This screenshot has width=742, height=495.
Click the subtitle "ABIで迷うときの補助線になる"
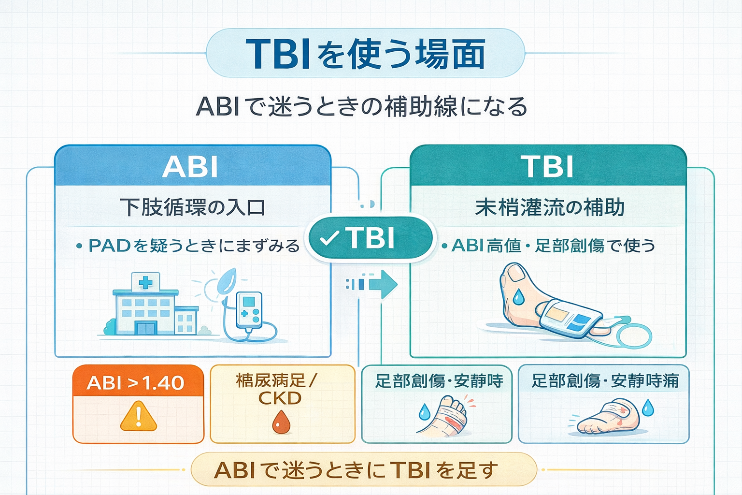361,107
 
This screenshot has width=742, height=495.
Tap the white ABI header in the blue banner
190,167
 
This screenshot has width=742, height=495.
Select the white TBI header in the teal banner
547,167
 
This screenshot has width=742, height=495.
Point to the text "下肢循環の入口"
192,207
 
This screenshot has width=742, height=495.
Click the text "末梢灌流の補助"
550,207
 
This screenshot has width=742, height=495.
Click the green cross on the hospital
145,283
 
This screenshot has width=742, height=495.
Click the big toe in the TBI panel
516,273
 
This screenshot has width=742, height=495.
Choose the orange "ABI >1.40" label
136,383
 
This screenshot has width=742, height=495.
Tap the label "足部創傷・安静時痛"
605,381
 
